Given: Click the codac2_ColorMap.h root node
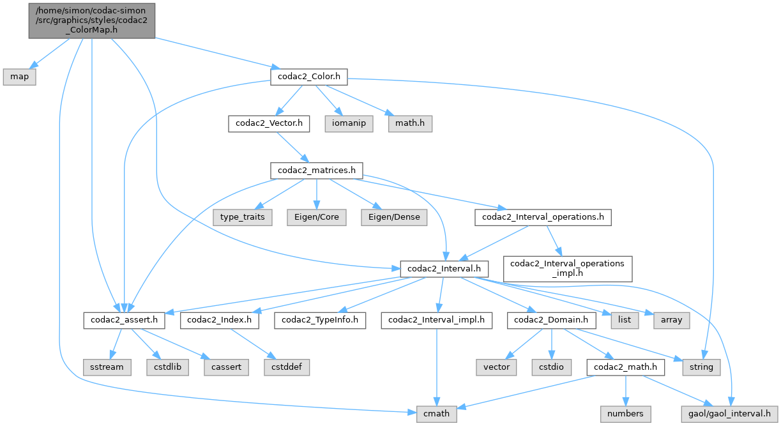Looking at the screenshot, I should pyautogui.click(x=91, y=20).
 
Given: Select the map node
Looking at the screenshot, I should pyautogui.click(x=19, y=77).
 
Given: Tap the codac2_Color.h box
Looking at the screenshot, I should pyautogui.click(x=309, y=77).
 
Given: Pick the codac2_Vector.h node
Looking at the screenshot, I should pyautogui.click(x=269, y=123).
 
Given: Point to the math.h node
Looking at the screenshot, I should pyautogui.click(x=409, y=123).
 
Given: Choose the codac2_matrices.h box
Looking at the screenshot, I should pyautogui.click(x=317, y=171).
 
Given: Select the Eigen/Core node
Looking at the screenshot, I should pyautogui.click(x=317, y=217).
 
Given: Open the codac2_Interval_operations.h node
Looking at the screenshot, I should pyautogui.click(x=543, y=217).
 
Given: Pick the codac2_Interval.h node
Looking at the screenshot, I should pyautogui.click(x=444, y=269).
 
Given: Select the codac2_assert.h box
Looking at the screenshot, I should pyautogui.click(x=125, y=320).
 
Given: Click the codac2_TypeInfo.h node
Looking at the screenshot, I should pyautogui.click(x=321, y=320).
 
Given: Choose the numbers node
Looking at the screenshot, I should pyautogui.click(x=625, y=414).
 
